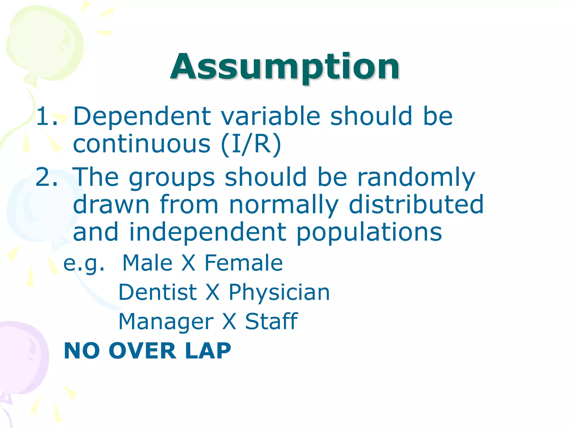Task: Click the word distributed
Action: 416,205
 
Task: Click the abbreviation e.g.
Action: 84,264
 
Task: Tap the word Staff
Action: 271,321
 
